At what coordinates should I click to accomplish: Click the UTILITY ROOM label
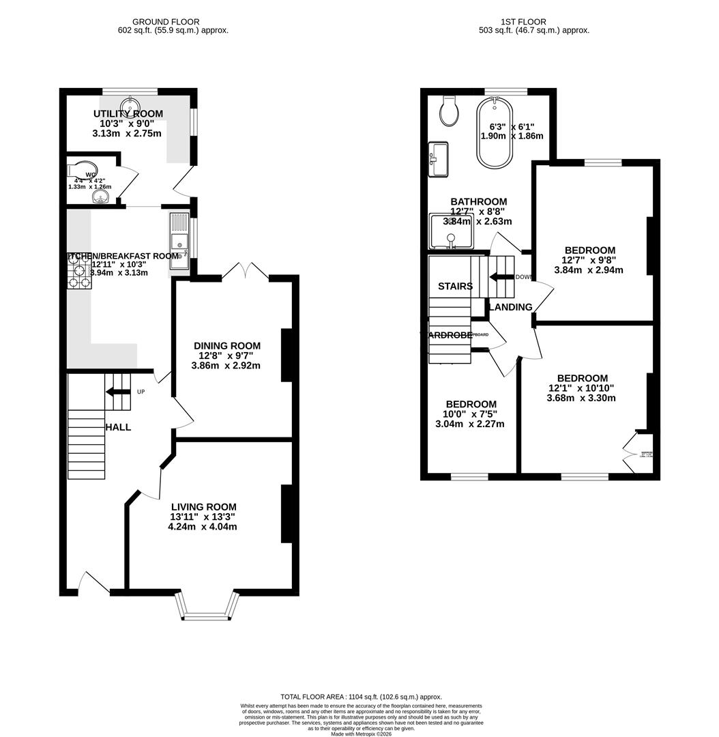(x=128, y=113)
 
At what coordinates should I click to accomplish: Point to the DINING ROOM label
(x=227, y=346)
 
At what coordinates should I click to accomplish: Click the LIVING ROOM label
(x=203, y=507)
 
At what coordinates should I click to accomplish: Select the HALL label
(x=118, y=427)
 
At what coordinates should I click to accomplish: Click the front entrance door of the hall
(x=93, y=583)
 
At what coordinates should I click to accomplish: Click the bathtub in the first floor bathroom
(x=494, y=133)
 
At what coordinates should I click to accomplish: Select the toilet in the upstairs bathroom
(x=449, y=111)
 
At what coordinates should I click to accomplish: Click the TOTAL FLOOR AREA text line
(x=359, y=696)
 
